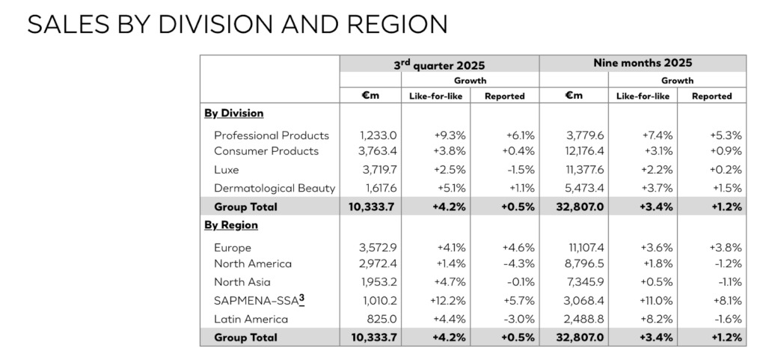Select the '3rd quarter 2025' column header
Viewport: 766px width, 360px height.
(x=439, y=64)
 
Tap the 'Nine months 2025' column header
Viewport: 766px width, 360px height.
(x=642, y=64)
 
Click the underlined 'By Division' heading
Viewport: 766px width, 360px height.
(x=233, y=114)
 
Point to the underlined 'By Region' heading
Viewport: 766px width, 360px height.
(x=230, y=225)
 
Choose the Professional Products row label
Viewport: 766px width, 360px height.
(x=271, y=135)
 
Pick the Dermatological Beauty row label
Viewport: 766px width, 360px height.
(x=275, y=189)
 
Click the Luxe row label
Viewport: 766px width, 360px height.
(x=226, y=170)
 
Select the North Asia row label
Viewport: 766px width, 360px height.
(x=242, y=282)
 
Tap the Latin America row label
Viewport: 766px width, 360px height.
(x=248, y=320)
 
